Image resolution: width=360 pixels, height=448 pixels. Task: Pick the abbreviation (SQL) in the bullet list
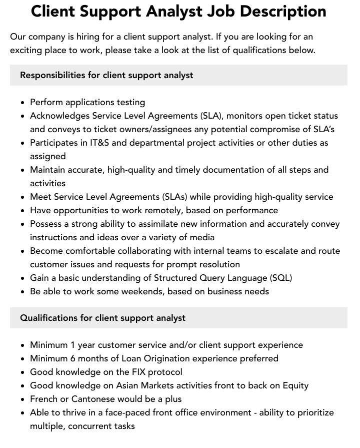pyautogui.click(x=281, y=278)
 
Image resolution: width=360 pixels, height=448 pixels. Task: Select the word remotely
pyautogui.click(x=163, y=210)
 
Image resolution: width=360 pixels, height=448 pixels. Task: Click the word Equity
pyautogui.click(x=294, y=385)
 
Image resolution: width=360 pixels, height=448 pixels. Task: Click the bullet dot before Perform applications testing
pyautogui.click(x=23, y=103)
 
